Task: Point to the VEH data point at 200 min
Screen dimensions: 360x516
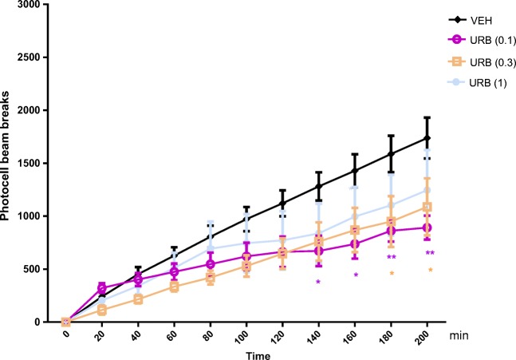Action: pos(427,138)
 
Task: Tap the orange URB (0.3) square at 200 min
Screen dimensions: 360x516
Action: pos(427,207)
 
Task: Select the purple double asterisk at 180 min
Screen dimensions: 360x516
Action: pos(392,257)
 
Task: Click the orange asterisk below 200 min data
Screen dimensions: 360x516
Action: pos(431,271)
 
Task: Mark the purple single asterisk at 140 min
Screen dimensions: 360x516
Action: pos(318,283)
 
